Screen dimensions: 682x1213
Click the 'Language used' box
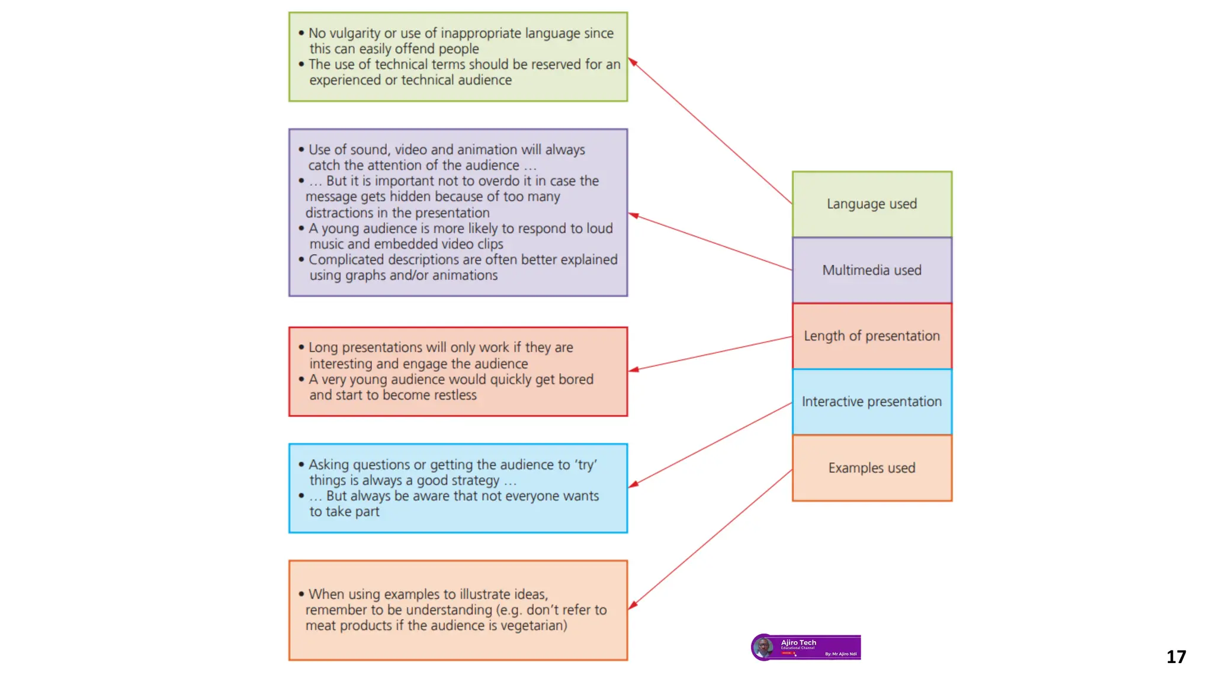(x=872, y=204)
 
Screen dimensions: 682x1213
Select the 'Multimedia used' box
(x=872, y=270)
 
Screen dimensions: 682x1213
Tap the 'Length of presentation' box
(x=872, y=336)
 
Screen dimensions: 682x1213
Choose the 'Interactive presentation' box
(x=872, y=401)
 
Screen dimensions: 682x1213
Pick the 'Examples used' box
(x=872, y=468)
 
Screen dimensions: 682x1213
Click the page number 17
(x=1176, y=657)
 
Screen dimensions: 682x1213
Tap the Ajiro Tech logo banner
(x=806, y=647)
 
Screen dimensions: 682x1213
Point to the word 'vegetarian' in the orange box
(x=533, y=626)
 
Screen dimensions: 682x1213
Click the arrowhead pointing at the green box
(x=632, y=62)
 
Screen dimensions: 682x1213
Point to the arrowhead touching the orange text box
(x=633, y=605)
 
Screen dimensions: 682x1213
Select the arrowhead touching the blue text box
(x=633, y=485)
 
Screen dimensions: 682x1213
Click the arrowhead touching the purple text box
(x=633, y=215)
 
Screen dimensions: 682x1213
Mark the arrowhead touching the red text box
(x=633, y=370)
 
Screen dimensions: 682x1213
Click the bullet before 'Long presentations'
(x=301, y=348)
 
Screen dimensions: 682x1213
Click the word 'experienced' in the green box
(x=345, y=80)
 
